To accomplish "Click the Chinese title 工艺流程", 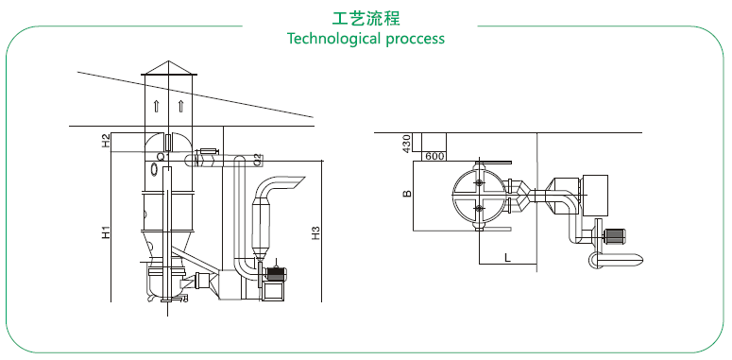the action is point(366,18).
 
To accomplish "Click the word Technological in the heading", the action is point(334,39).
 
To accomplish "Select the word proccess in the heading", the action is point(416,39).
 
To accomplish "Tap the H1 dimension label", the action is point(107,232).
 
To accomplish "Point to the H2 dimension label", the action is point(107,141).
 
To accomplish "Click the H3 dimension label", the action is point(316,233).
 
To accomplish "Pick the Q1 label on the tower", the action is point(162,157).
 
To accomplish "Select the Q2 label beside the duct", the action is point(256,160).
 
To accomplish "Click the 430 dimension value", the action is point(406,144).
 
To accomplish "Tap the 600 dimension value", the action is point(434,157).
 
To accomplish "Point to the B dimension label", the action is point(407,194).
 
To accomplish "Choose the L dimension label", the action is point(507,257).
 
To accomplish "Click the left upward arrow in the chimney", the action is point(157,107).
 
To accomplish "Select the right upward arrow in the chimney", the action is point(180,107).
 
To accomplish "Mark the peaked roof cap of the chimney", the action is point(169,68).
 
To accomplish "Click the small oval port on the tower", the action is point(155,168).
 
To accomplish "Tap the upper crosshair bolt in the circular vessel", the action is point(479,182).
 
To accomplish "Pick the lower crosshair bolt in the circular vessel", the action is point(479,208).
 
